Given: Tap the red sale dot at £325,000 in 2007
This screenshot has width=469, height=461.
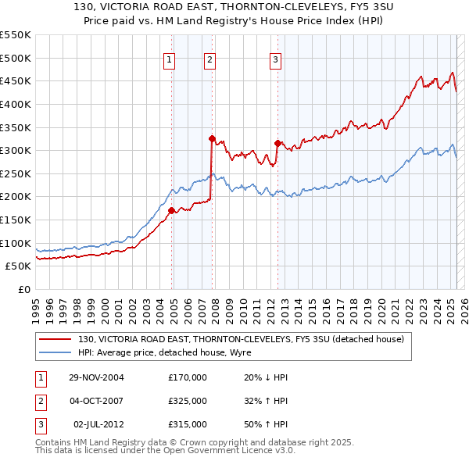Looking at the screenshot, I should (212, 138).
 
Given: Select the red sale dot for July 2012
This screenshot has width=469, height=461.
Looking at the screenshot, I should (277, 143).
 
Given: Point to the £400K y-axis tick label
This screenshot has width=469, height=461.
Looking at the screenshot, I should (16, 104).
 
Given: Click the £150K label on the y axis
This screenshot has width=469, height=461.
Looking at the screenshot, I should (16, 220).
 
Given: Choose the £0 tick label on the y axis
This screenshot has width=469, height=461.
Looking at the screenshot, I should (23, 289).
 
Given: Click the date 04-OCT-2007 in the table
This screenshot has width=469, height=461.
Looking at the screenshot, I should (96, 401).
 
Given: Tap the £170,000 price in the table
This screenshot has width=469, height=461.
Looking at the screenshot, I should (188, 377).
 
